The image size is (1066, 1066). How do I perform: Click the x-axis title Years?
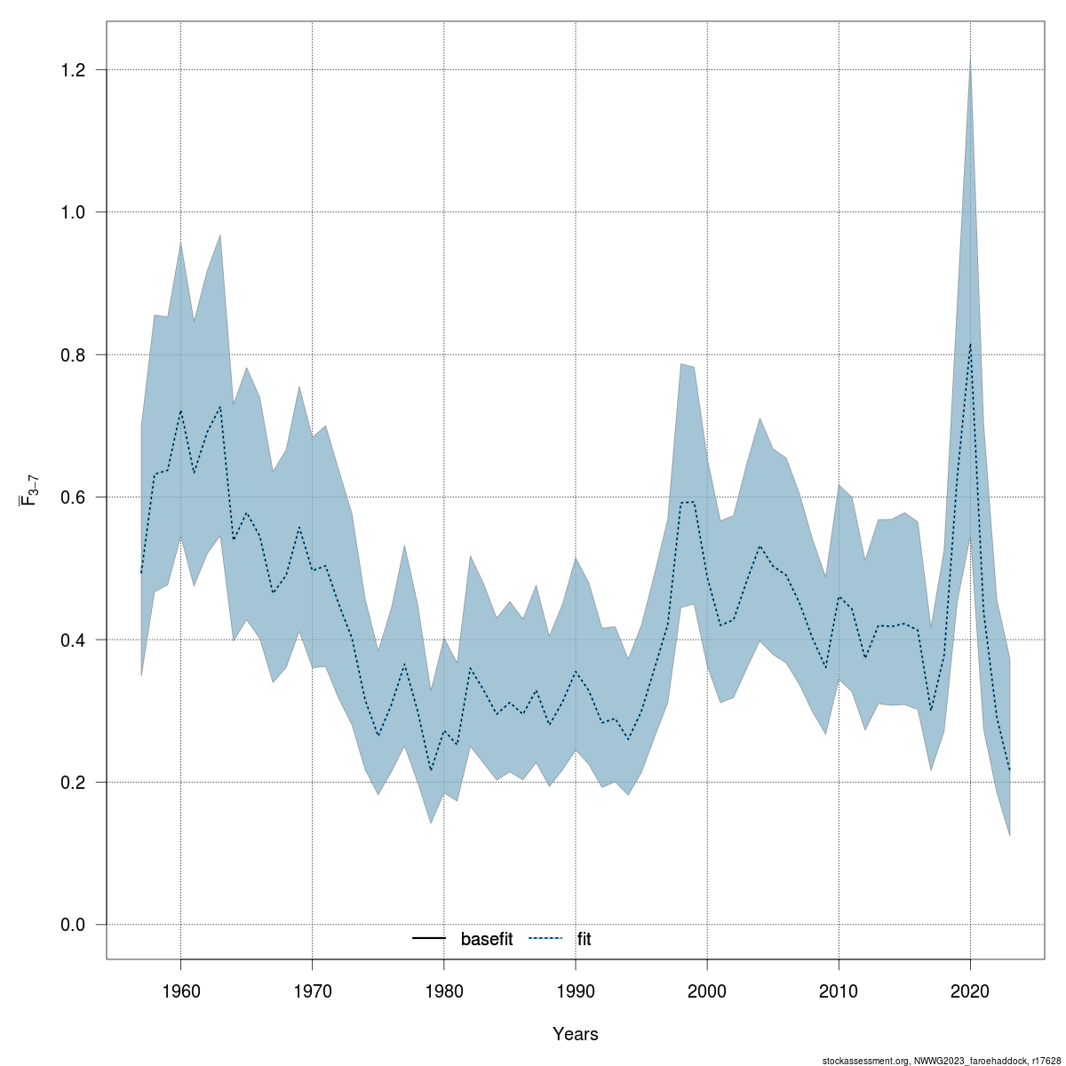(x=576, y=1034)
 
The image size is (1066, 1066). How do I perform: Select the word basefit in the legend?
(x=486, y=939)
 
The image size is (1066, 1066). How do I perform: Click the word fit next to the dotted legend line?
(x=584, y=939)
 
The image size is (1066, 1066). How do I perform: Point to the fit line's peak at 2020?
(x=970, y=344)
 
